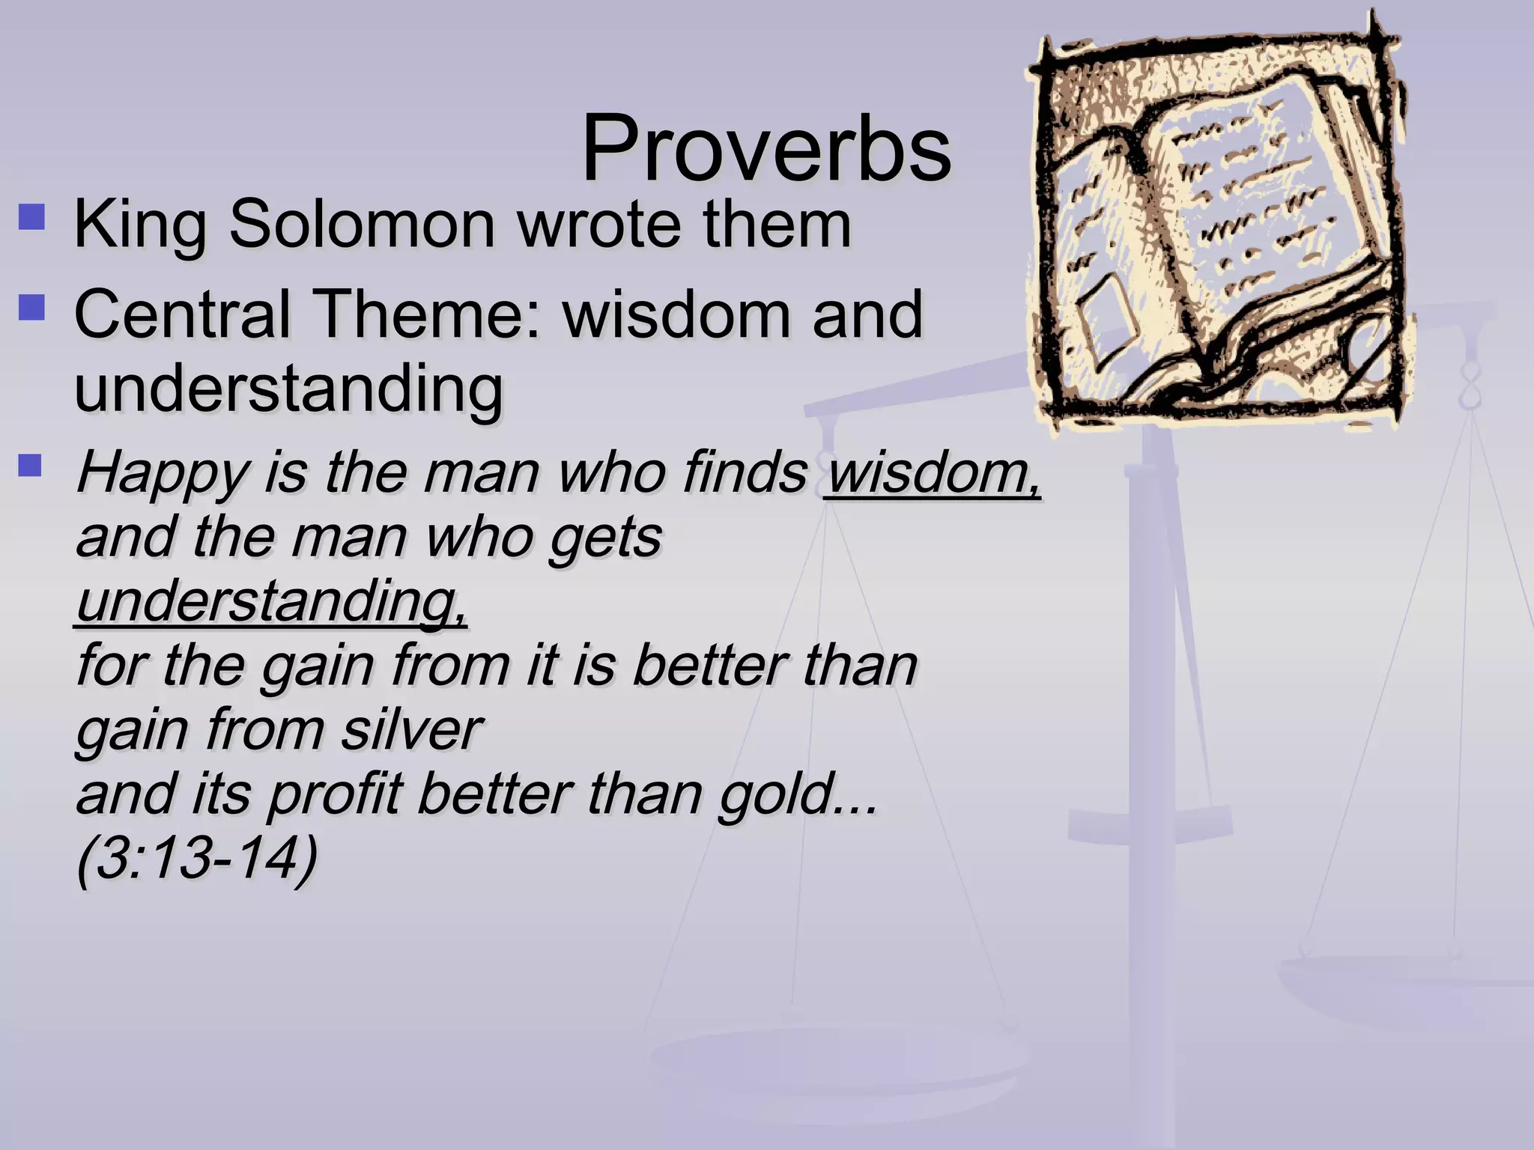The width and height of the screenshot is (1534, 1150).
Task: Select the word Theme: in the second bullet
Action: [x=427, y=314]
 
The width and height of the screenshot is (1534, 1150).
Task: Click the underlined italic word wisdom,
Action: [x=933, y=474]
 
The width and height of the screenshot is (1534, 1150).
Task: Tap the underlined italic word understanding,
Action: [x=272, y=603]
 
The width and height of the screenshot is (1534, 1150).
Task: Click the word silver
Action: [x=411, y=730]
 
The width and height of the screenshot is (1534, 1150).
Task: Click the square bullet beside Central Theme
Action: [x=32, y=307]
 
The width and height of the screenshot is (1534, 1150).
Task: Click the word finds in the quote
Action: [x=745, y=474]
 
